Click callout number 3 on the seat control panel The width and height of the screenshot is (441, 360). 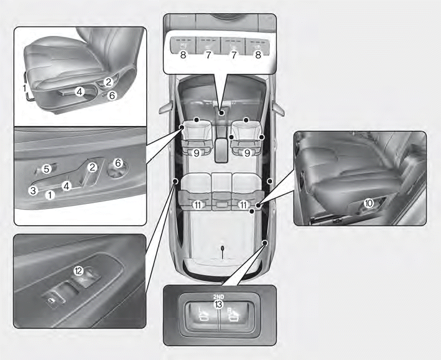tap(33, 190)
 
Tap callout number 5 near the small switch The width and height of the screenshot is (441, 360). tap(47, 169)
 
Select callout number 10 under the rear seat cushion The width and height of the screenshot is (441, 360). tap(368, 203)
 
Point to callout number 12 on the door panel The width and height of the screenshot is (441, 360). tap(78, 271)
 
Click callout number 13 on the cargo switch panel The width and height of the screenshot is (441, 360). tap(218, 304)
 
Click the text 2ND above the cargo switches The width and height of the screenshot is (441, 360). tap(218, 297)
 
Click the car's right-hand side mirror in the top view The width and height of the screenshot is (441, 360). tap(279, 109)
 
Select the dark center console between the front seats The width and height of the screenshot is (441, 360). tap(221, 150)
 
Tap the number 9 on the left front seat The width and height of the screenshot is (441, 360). tap(197, 153)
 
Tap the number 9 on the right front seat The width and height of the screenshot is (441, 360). tap(247, 153)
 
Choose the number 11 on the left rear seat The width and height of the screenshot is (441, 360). tap(198, 205)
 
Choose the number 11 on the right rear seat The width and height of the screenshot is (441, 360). tap(244, 205)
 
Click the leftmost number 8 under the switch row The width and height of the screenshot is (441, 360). tap(183, 55)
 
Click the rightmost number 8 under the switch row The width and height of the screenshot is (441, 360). tap(258, 55)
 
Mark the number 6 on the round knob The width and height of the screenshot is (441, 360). tap(118, 163)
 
